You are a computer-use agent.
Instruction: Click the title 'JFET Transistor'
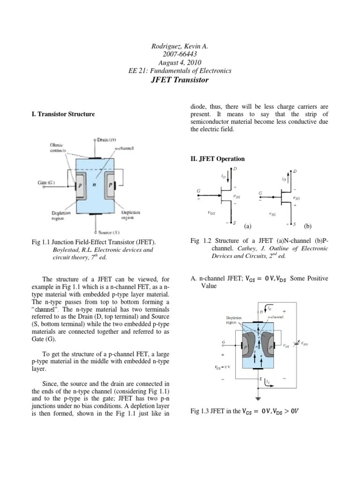coord(180,80)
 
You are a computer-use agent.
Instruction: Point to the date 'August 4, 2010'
coord(180,62)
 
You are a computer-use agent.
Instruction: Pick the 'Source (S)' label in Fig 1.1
coord(108,232)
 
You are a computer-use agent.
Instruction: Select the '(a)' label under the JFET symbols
coord(248,226)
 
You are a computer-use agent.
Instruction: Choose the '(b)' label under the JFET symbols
coord(307,226)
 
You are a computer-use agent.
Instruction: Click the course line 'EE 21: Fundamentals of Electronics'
coord(180,71)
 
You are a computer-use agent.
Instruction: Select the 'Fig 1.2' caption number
coord(201,241)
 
